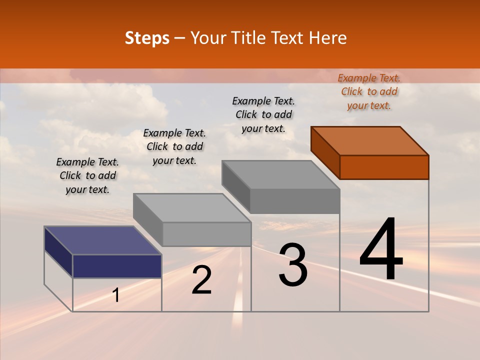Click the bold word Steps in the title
147,38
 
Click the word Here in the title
328,38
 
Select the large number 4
381,250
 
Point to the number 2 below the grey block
201,280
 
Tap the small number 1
116,295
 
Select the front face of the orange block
384,167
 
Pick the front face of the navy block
117,266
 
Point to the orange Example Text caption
369,91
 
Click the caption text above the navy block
87,175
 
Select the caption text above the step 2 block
174,146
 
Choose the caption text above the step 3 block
263,114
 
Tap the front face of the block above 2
206,234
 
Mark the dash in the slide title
180,38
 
